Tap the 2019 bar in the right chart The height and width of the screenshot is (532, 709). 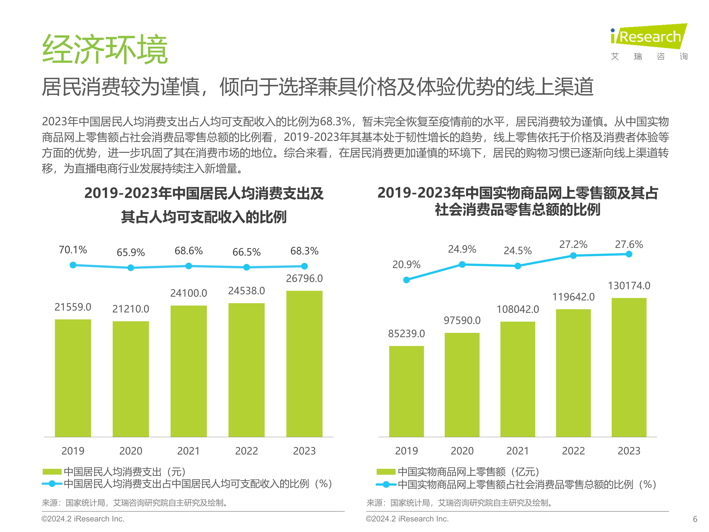tap(406, 391)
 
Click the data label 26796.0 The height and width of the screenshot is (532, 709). tap(304, 278)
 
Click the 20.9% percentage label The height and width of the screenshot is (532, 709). tap(406, 265)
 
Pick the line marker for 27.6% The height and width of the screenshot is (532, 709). tap(629, 254)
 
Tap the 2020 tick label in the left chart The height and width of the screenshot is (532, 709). tap(131, 451)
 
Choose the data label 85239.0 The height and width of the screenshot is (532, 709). tap(406, 334)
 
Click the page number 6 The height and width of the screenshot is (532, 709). tap(695, 519)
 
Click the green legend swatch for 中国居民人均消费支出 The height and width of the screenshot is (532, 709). tap(52, 472)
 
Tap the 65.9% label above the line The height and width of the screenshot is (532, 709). tap(131, 253)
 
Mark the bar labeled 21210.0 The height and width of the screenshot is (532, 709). tap(131, 379)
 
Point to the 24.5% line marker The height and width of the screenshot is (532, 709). tap(518, 266)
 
